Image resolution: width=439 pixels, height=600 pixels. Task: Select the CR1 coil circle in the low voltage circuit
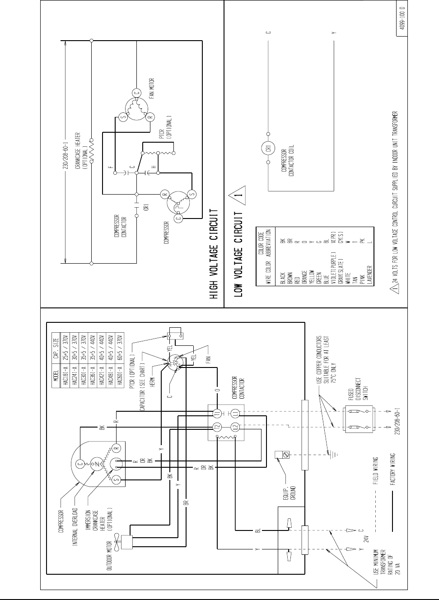[x=268, y=148]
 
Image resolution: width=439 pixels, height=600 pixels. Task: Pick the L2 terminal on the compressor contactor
[x=234, y=427]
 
